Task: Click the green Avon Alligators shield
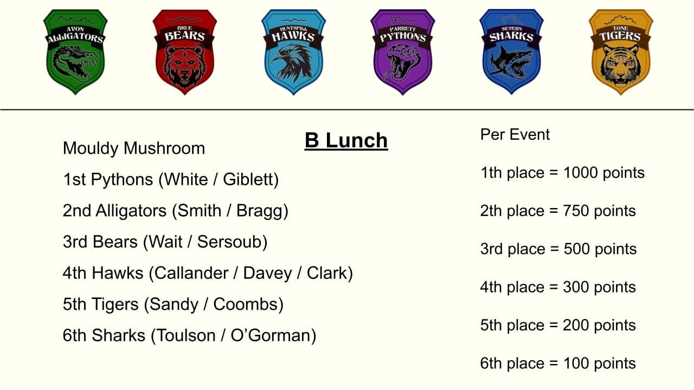tap(75, 51)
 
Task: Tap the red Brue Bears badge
tap(185, 51)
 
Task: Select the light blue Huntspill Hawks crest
tap(293, 51)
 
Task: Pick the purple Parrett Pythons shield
tap(403, 51)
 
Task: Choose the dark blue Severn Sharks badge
tap(511, 51)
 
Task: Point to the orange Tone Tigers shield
tap(621, 51)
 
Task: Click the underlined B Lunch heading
tap(346, 141)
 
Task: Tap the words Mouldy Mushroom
tap(134, 148)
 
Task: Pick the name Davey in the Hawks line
tap(267, 274)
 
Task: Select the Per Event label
tap(515, 135)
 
